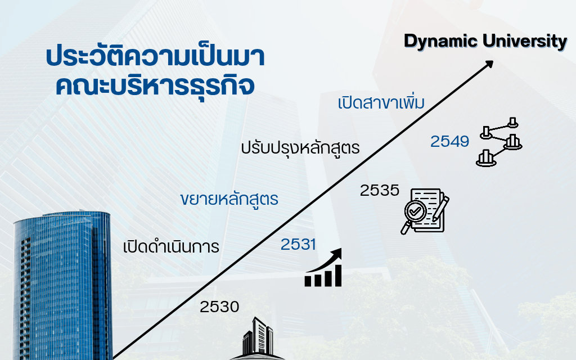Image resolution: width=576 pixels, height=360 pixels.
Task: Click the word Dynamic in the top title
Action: pyautogui.click(x=440, y=42)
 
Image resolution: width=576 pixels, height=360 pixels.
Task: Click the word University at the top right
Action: pyautogui.click(x=525, y=41)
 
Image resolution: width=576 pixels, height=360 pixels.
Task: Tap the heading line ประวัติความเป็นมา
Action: pyautogui.click(x=155, y=56)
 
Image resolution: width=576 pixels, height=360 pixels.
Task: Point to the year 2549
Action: pyautogui.click(x=449, y=141)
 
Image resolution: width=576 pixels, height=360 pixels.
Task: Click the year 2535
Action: pyautogui.click(x=380, y=190)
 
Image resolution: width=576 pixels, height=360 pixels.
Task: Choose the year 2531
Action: pyautogui.click(x=298, y=244)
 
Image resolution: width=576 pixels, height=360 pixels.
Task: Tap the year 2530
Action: pyautogui.click(x=219, y=307)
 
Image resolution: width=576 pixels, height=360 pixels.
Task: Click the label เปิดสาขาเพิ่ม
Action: pyautogui.click(x=381, y=103)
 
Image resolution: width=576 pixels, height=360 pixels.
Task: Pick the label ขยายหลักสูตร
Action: pyautogui.click(x=229, y=199)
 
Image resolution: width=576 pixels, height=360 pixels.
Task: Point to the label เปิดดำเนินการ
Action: pyautogui.click(x=171, y=246)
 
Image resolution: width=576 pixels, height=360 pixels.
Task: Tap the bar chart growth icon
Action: pyautogui.click(x=323, y=267)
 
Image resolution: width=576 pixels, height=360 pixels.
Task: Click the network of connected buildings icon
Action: pyautogui.click(x=499, y=142)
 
